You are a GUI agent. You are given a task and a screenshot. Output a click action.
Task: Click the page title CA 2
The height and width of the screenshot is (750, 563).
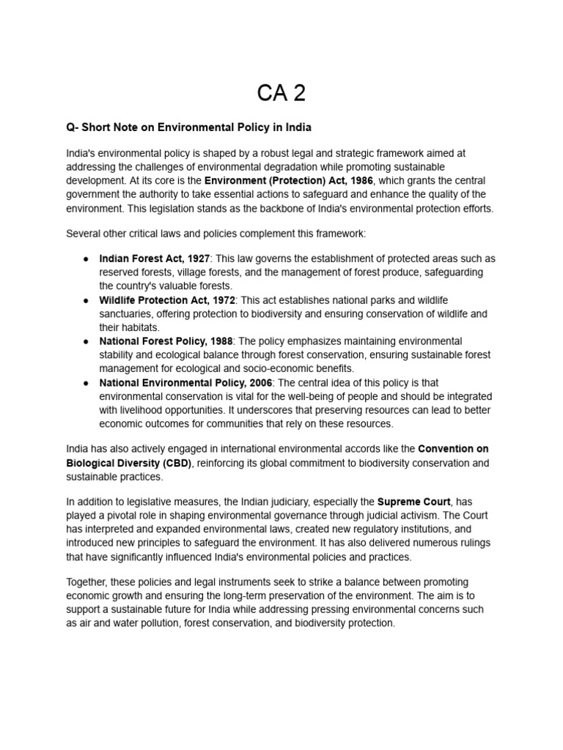pyautogui.click(x=281, y=93)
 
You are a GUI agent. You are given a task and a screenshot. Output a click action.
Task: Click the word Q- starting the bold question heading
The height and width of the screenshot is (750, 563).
pyautogui.click(x=73, y=127)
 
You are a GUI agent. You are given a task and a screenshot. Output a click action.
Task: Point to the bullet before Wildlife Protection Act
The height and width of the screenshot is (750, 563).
pyautogui.click(x=86, y=300)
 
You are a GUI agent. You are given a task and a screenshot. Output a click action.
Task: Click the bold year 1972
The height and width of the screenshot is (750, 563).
pyautogui.click(x=221, y=300)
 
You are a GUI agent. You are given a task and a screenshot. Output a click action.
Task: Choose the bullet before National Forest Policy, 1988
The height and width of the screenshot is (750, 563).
pyautogui.click(x=86, y=341)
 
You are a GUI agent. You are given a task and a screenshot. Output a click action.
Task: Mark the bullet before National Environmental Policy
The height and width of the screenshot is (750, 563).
pyautogui.click(x=86, y=382)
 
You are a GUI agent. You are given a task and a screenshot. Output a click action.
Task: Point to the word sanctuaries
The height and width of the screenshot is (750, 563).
pyautogui.click(x=125, y=314)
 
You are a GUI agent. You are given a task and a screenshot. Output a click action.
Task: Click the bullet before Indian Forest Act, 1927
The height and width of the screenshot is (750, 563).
pyautogui.click(x=86, y=259)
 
